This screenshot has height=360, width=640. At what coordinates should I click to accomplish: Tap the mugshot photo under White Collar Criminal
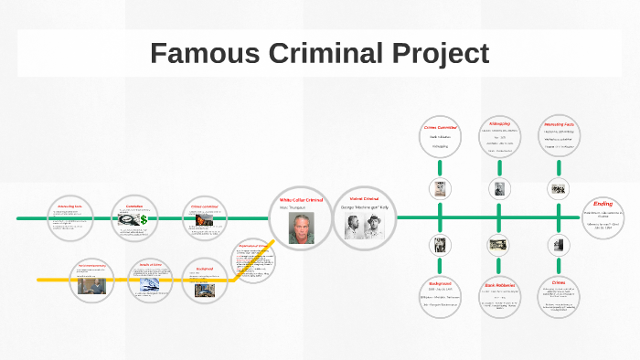(301, 228)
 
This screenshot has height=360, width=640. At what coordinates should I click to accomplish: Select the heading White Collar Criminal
(301, 199)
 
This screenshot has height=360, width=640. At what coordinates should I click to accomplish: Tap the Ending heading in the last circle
(603, 203)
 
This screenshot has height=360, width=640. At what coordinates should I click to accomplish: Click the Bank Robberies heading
(499, 285)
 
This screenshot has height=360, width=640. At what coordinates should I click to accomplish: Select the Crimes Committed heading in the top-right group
(440, 128)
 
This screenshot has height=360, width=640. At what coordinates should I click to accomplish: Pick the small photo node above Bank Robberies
(499, 245)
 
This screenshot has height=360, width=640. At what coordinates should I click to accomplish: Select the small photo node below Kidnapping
(499, 189)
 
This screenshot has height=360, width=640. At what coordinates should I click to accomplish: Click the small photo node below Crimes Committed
(440, 189)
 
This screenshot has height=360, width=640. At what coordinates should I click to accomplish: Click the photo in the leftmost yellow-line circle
(91, 285)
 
